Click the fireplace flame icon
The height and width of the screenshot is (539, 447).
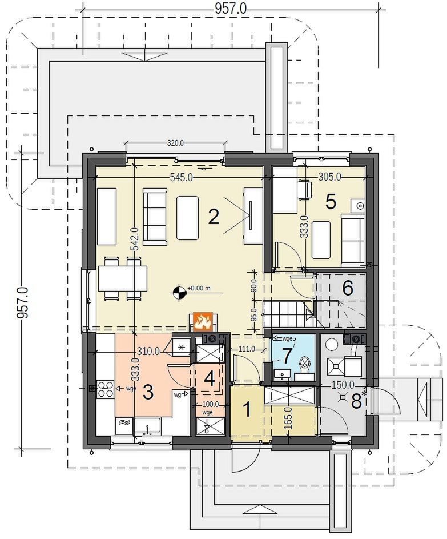[203, 321]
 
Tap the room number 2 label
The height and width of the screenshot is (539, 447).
[214, 217]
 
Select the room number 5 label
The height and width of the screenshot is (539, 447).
[331, 201]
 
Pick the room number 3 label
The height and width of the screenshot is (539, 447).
[148, 392]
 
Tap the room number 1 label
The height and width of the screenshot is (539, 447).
[247, 409]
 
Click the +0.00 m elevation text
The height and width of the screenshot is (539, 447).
[199, 289]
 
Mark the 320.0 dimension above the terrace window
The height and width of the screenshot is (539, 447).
[176, 143]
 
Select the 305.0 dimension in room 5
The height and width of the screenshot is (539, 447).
[329, 177]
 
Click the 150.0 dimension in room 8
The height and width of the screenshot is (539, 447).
[343, 385]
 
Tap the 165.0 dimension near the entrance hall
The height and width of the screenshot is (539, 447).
[288, 418]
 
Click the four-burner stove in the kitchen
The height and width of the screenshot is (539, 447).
[106, 389]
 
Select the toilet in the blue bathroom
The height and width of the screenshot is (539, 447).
[304, 368]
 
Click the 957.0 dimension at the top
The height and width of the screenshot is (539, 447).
[231, 9]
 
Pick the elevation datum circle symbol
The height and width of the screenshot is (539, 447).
[179, 292]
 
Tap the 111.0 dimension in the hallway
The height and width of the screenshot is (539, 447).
[247, 349]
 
